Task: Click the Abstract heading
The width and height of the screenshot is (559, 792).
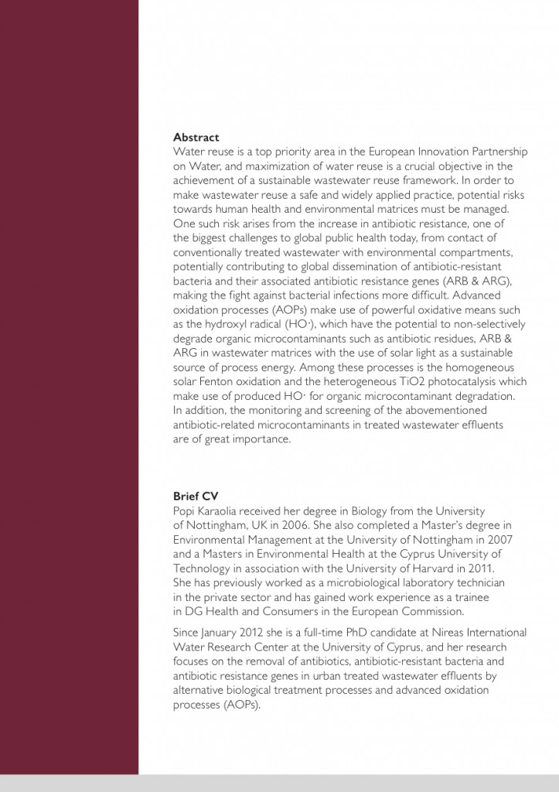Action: pos(196,137)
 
